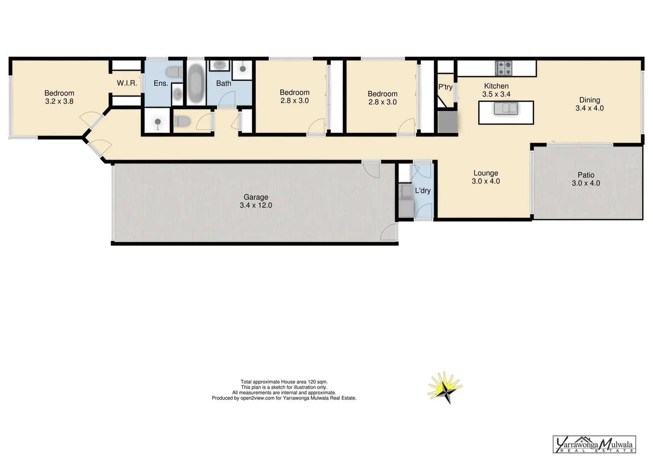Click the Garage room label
pos(256,197)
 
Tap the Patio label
pos(586,175)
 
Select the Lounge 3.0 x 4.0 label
pos(486,177)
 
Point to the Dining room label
pos(589,100)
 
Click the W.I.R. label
pos(127,83)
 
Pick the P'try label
pos(445,87)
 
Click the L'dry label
pos(423,191)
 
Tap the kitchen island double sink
pos(506,108)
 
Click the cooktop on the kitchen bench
pos(504,68)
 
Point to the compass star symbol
pos(445,388)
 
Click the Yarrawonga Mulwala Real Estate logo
pos(594,444)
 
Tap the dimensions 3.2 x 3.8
pos(59,102)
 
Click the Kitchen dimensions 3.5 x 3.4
pos(496,94)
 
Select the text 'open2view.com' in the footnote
pos(257,398)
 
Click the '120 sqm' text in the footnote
pos(318,382)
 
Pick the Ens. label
pos(161,83)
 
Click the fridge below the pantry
pos(447,122)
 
